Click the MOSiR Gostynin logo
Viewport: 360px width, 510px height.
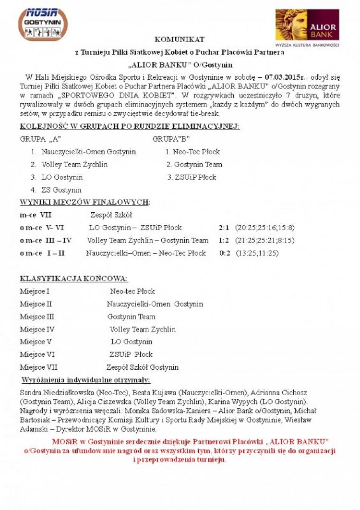coord(43,24)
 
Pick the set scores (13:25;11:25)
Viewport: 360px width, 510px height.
coord(257,253)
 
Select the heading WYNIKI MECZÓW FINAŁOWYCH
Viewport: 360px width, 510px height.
coord(84,202)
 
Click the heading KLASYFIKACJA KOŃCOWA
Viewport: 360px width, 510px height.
coord(74,279)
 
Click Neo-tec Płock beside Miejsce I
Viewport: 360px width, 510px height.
coord(132,291)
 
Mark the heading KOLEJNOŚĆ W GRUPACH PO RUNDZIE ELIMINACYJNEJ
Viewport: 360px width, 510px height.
coord(130,127)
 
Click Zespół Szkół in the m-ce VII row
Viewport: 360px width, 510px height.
coord(111,215)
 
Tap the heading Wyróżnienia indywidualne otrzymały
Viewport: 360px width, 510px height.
coord(86,380)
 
